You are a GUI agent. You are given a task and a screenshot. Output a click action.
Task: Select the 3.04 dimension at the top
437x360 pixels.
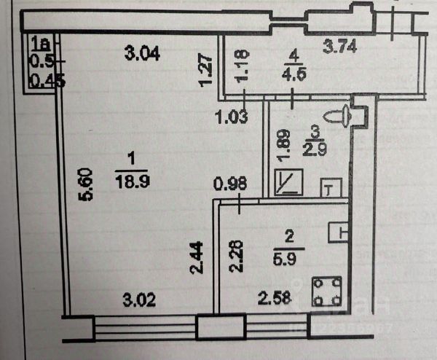[142, 52]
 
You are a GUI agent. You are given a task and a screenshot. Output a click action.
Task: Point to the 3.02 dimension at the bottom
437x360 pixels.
[138, 298]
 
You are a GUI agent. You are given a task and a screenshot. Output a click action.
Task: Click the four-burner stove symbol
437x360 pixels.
[325, 292]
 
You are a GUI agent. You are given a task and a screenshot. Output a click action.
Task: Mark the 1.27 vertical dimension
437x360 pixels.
[206, 71]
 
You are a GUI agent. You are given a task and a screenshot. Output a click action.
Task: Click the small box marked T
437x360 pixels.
[331, 188]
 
